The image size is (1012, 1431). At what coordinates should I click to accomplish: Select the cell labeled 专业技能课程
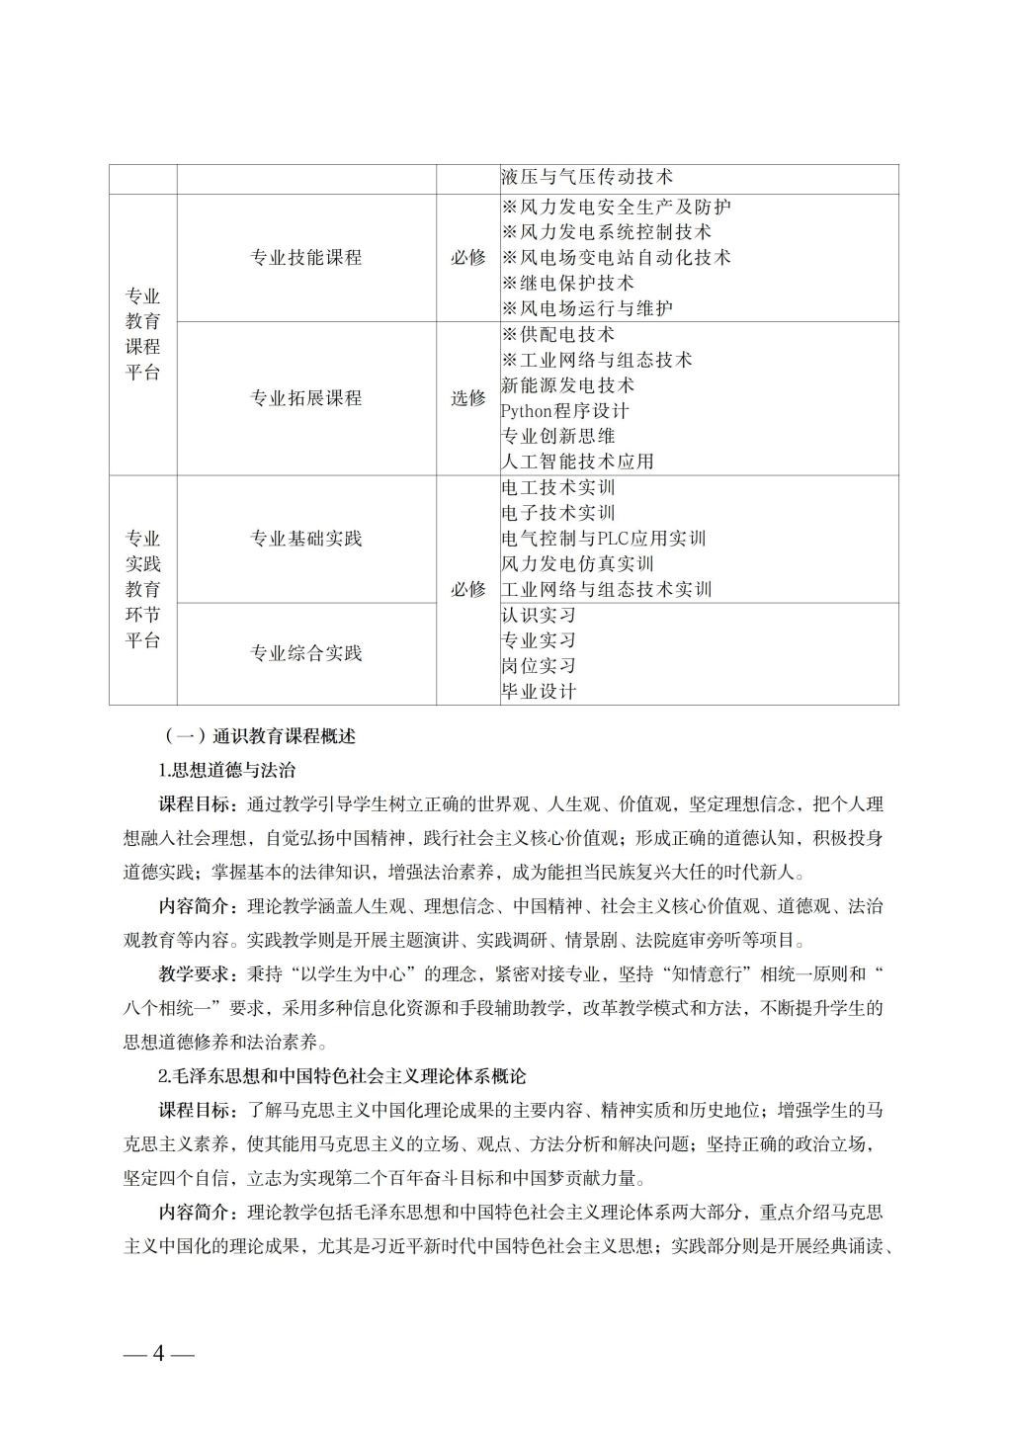tap(306, 258)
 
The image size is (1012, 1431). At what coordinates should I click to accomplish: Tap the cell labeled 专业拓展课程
tap(306, 398)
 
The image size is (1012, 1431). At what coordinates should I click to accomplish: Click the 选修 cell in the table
tap(468, 398)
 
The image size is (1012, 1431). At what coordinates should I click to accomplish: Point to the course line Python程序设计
tap(564, 411)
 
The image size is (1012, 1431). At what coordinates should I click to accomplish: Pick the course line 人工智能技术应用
tap(577, 462)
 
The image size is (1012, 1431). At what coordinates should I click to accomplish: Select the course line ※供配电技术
tap(558, 335)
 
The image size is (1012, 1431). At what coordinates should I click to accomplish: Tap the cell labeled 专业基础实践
tap(306, 539)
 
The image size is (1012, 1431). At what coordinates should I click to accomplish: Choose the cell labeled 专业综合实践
tap(306, 653)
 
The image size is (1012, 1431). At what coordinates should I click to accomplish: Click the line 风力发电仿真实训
tap(577, 564)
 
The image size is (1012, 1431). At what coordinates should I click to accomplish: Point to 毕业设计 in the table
tap(539, 692)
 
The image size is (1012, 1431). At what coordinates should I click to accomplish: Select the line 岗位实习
tap(539, 666)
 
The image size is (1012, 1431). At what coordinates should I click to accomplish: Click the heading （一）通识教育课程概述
tap(259, 736)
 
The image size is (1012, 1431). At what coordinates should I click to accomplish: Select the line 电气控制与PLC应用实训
tap(604, 539)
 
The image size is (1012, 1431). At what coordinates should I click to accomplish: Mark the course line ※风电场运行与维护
tap(587, 308)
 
